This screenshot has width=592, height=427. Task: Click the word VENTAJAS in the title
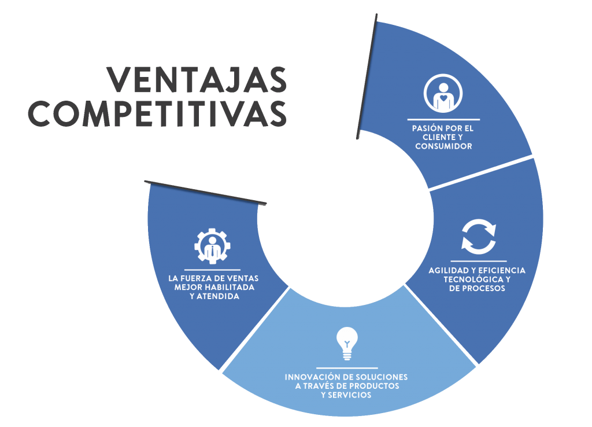(x=197, y=79)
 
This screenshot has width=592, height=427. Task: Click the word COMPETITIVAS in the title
(x=158, y=113)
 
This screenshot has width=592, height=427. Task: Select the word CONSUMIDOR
(x=443, y=146)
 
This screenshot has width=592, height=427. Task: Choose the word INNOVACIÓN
(x=311, y=377)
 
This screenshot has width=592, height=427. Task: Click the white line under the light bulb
(x=347, y=367)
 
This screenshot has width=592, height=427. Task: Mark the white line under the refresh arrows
(x=478, y=261)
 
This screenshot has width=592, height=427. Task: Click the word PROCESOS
(x=484, y=288)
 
